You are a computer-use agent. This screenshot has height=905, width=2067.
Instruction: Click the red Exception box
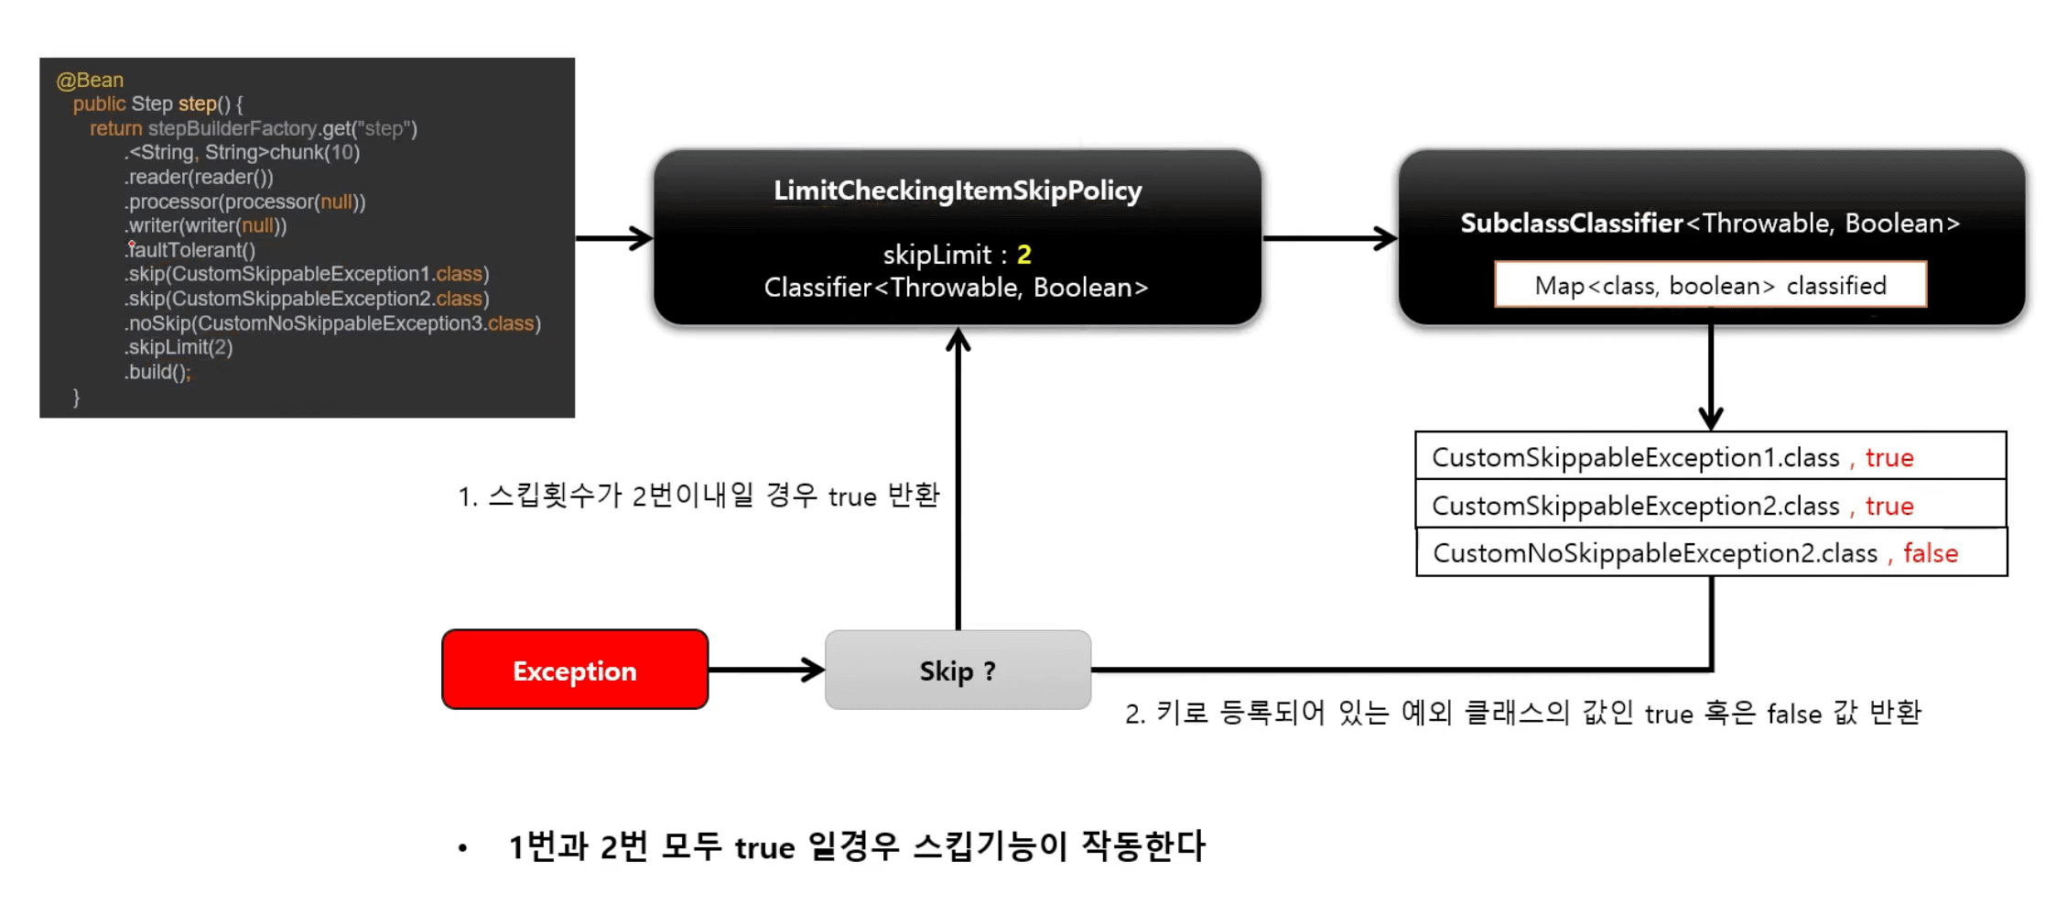[575, 670]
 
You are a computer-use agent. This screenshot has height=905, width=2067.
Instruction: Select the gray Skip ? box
[958, 670]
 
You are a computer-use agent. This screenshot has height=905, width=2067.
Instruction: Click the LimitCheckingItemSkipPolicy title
[958, 191]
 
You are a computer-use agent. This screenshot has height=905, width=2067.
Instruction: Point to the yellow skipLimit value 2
[1023, 254]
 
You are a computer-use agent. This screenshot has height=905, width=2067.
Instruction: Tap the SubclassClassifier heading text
[1571, 223]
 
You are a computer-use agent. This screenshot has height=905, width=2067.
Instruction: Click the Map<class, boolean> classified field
[1710, 285]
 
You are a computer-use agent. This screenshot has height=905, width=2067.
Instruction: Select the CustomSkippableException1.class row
[1710, 456]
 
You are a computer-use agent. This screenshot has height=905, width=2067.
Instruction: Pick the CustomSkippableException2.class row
[1710, 505]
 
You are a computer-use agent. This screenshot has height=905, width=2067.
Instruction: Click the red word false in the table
[1930, 552]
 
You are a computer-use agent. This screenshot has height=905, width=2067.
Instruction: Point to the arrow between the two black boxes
[1329, 238]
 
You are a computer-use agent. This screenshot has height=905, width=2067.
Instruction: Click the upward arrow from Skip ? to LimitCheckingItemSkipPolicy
[958, 476]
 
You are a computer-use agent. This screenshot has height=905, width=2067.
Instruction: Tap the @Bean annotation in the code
[90, 80]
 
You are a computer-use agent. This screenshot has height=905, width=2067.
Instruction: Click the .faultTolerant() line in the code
[191, 249]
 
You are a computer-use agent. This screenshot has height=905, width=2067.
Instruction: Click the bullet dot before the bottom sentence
[463, 848]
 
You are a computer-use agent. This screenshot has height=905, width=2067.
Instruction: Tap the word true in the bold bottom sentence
[764, 847]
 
